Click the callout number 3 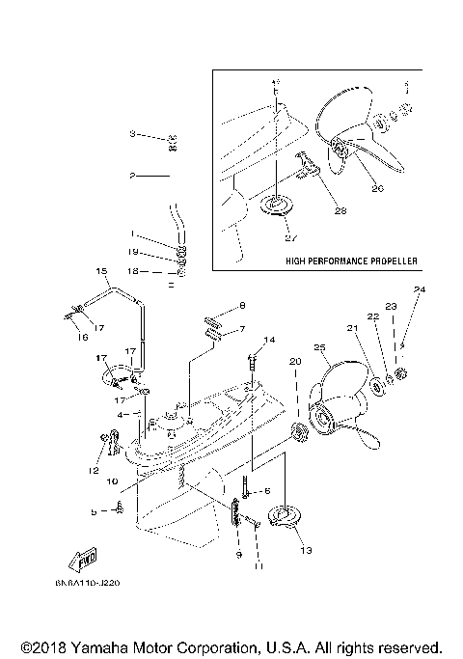pos(134,134)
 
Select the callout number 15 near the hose pos(99,271)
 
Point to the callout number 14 pos(269,340)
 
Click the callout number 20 pos(295,361)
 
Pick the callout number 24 pos(419,289)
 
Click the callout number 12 pos(94,470)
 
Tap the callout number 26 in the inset pos(377,188)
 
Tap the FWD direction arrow pos(81,562)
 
